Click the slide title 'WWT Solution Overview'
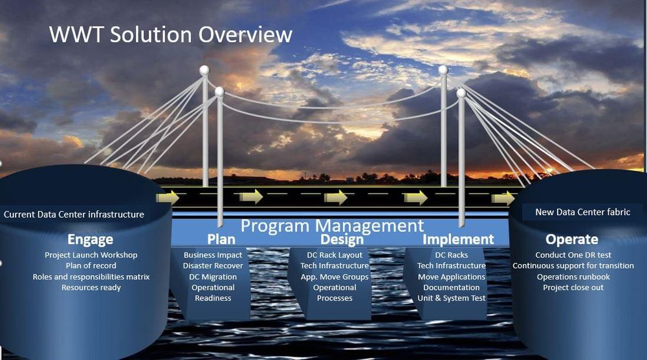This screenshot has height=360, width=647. [x=170, y=34]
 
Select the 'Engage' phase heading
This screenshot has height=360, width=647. [x=90, y=240]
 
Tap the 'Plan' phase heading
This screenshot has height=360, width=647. [x=221, y=240]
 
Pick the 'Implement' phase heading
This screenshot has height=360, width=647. [x=458, y=240]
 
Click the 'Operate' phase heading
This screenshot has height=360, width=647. [x=571, y=240]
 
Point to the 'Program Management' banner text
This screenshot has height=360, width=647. [x=332, y=226]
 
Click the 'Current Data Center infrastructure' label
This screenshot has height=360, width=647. [x=74, y=214]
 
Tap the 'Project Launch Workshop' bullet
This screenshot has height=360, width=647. [x=91, y=255]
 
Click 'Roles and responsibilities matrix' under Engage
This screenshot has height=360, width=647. [x=91, y=276]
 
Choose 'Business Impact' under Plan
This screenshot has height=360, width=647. [x=213, y=255]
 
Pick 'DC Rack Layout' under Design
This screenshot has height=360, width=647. [x=332, y=255]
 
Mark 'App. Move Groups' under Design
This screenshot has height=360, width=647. [x=334, y=276]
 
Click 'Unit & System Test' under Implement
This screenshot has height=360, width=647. [x=452, y=298]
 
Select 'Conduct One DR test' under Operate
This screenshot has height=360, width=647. [x=573, y=255]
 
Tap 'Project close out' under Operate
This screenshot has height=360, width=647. [x=573, y=287]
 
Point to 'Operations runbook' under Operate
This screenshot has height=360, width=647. [x=573, y=276]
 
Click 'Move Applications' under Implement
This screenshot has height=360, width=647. [x=452, y=276]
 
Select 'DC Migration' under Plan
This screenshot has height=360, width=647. [x=213, y=276]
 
